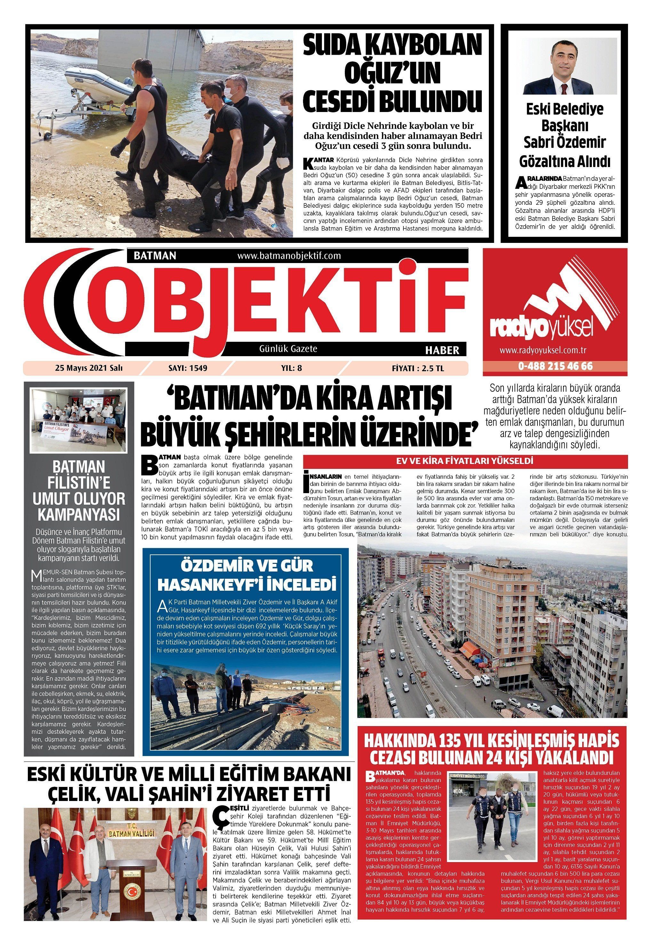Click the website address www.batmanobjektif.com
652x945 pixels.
289,256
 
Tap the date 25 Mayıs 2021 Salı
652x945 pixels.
89,368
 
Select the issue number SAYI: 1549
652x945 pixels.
188,368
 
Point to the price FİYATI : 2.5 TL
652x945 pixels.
417,368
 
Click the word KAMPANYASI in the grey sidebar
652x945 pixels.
79,515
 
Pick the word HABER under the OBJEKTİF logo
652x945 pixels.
442,350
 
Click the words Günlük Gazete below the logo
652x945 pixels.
288,349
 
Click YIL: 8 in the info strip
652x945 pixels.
292,368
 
